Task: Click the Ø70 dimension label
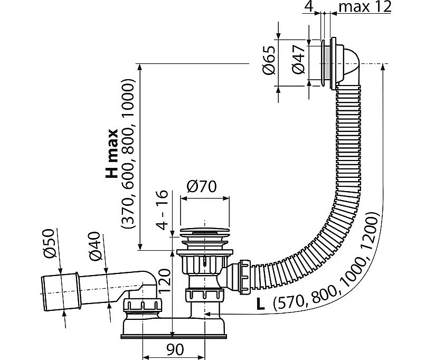click(202, 187)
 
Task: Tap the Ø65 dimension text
click(269, 60)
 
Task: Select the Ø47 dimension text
click(298, 60)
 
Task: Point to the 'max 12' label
click(365, 7)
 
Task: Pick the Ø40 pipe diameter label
click(94, 247)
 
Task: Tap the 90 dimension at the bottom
click(175, 349)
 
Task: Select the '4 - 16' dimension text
click(162, 210)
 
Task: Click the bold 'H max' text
click(112, 154)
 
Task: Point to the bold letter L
click(260, 304)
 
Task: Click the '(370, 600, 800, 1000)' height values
click(128, 155)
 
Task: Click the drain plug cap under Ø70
click(204, 232)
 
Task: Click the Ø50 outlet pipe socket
click(61, 292)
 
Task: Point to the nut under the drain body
click(204, 295)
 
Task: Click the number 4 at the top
click(308, 7)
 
